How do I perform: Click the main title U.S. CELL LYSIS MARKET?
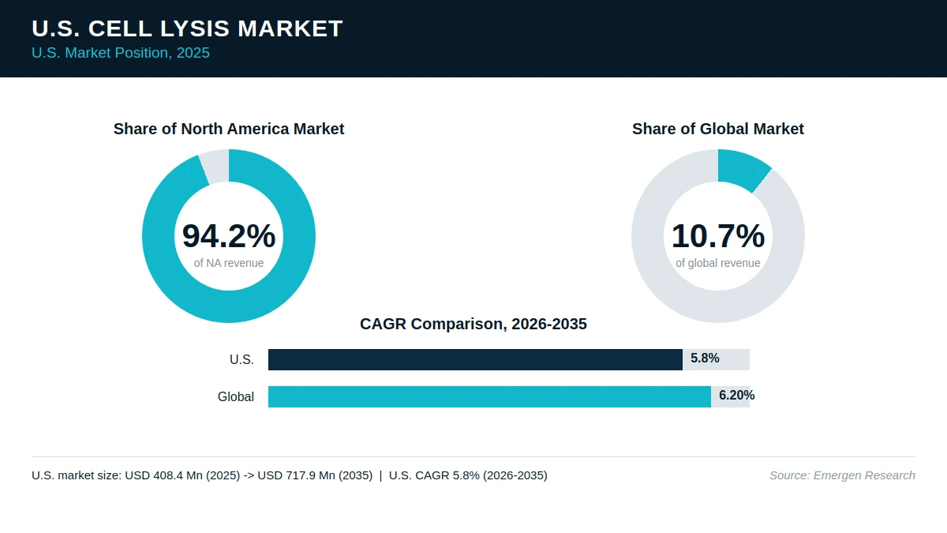pos(187,28)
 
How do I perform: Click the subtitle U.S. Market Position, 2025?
pos(121,53)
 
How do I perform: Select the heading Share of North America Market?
pos(229,129)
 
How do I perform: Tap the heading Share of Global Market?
pos(718,129)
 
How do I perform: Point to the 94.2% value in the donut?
pos(229,235)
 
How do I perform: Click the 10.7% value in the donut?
pos(718,235)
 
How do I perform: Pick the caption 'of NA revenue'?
pos(229,263)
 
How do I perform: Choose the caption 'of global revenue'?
pos(718,263)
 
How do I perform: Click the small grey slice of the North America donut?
pos(215,166)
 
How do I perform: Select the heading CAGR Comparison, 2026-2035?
pos(473,324)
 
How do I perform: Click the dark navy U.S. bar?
pos(475,359)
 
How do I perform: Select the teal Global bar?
pos(489,396)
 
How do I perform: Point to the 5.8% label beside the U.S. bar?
pos(705,358)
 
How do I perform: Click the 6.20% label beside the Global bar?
pos(737,396)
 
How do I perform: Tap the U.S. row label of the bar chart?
pos(241,359)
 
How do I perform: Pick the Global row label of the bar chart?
pos(236,396)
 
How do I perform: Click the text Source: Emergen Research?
pos(842,475)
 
